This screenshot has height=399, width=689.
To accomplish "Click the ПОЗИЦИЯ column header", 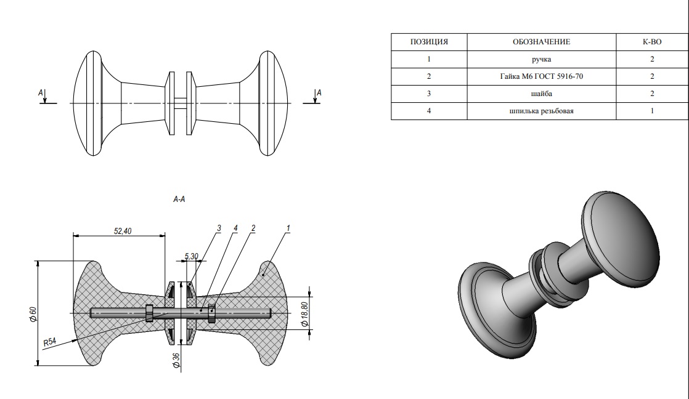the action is tap(429, 42).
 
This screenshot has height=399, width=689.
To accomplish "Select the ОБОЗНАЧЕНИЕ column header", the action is tap(541, 42).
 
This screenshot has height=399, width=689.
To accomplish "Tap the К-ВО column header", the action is tap(652, 42).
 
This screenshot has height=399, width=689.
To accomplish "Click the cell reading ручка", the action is tap(541, 59).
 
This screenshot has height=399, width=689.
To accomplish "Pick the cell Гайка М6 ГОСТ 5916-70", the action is tap(541, 76).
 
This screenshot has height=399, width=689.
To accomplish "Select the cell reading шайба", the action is tap(541, 94).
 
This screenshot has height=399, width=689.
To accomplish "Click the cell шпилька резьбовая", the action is tap(541, 111).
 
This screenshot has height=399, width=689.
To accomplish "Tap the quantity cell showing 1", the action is tap(652, 111).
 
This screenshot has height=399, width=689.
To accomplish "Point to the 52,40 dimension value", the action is tap(123, 231).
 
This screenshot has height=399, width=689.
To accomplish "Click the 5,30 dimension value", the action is tap(192, 256).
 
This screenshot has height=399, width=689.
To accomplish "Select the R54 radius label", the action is tap(50, 342).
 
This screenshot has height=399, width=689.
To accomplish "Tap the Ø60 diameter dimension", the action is tap(33, 314).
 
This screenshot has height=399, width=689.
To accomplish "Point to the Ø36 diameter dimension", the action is tap(176, 360).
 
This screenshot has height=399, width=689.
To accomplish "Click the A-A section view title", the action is tap(179, 199).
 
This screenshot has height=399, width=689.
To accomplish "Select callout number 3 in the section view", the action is tap(219, 228).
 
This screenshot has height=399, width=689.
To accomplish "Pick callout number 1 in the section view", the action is tap(288, 228).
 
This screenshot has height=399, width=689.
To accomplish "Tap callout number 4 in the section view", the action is tap(235, 228).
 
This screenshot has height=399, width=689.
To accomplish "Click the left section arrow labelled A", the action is tap(45, 96).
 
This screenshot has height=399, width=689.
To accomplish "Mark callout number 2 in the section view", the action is tap(253, 228).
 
